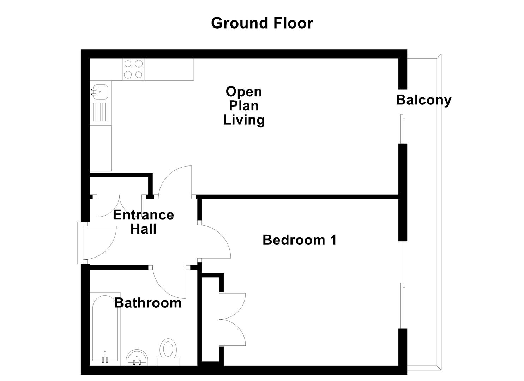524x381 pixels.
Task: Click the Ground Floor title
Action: click(262, 23)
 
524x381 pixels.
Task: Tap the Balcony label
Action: click(423, 100)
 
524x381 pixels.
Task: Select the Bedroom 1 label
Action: click(300, 240)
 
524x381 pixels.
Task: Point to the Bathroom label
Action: click(148, 303)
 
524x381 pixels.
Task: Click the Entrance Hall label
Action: click(143, 222)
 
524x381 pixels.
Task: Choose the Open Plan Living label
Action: click(244, 105)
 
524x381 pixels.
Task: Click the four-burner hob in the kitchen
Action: click(133, 69)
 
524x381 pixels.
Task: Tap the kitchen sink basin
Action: click(100, 92)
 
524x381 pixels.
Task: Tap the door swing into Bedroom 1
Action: click(215, 242)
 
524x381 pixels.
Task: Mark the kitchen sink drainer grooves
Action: click(101, 112)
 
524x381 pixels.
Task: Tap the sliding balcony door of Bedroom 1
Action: click(402, 285)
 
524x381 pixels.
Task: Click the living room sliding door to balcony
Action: click(403, 116)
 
